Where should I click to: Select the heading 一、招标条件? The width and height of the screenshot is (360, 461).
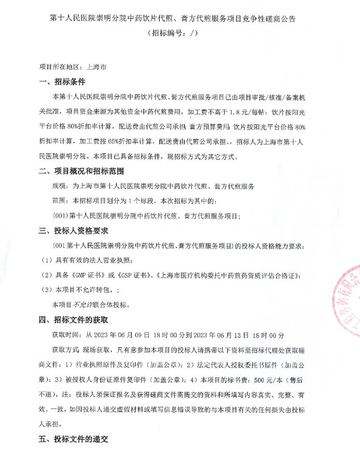pos(62,82)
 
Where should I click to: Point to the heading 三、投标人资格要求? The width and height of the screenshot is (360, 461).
pos(78,230)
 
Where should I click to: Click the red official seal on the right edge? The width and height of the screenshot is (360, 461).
pos(346,301)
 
